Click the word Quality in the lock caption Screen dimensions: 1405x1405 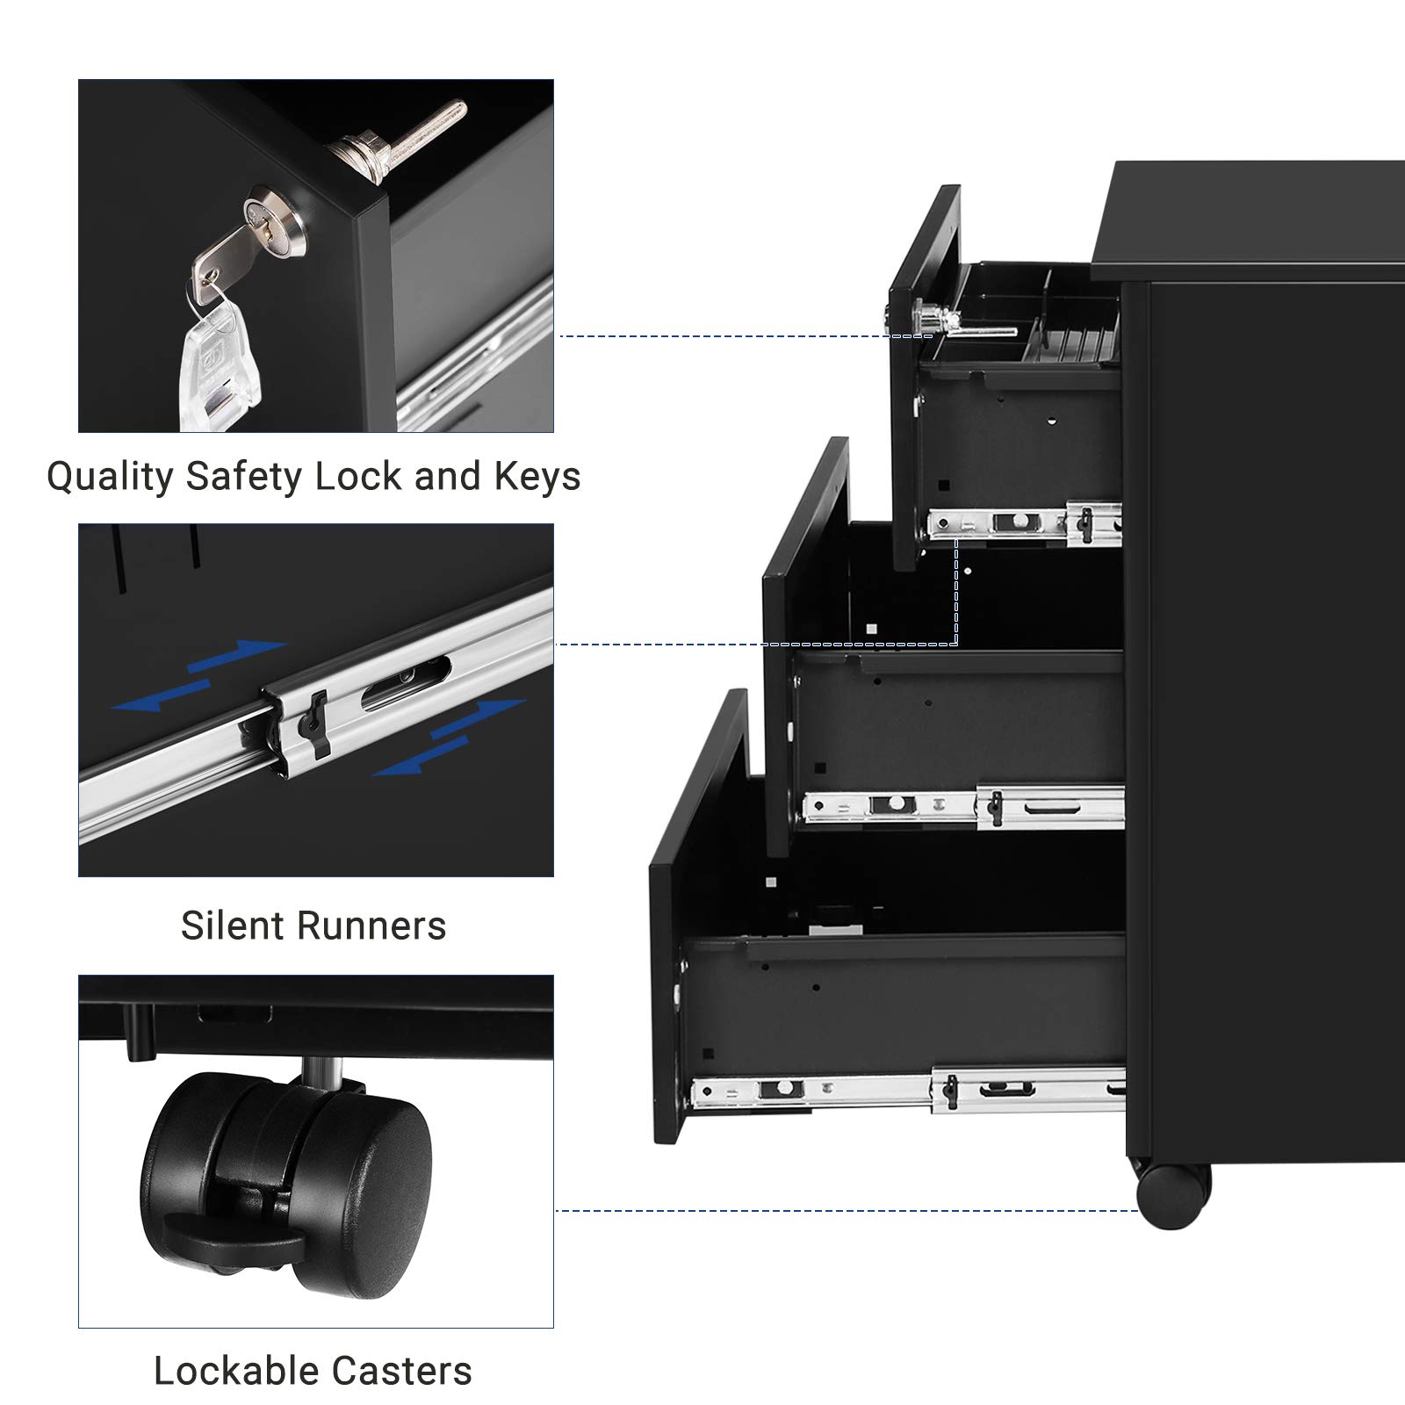pos(111,478)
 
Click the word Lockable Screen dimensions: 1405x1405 pos(231,1371)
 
